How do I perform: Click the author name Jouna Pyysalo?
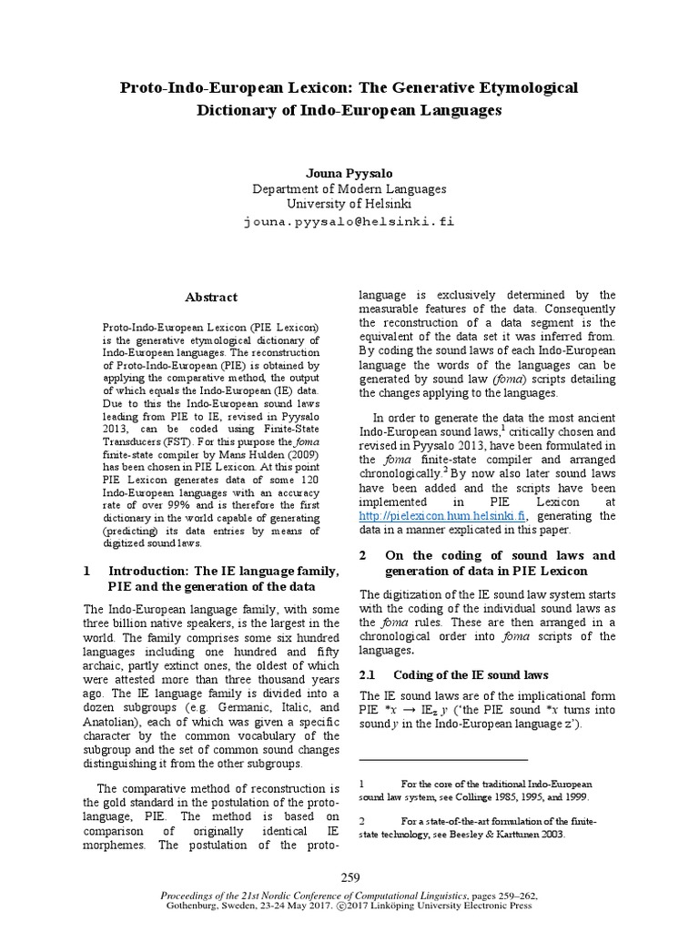349,173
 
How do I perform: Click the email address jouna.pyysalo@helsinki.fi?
349,221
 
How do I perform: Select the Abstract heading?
211,297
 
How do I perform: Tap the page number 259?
350,877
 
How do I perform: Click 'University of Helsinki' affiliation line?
349,205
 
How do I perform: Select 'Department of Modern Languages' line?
349,189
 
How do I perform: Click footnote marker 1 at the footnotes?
361,783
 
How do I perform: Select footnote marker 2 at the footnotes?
361,821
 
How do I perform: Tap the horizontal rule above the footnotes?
443,759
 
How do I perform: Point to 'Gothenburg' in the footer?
192,907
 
